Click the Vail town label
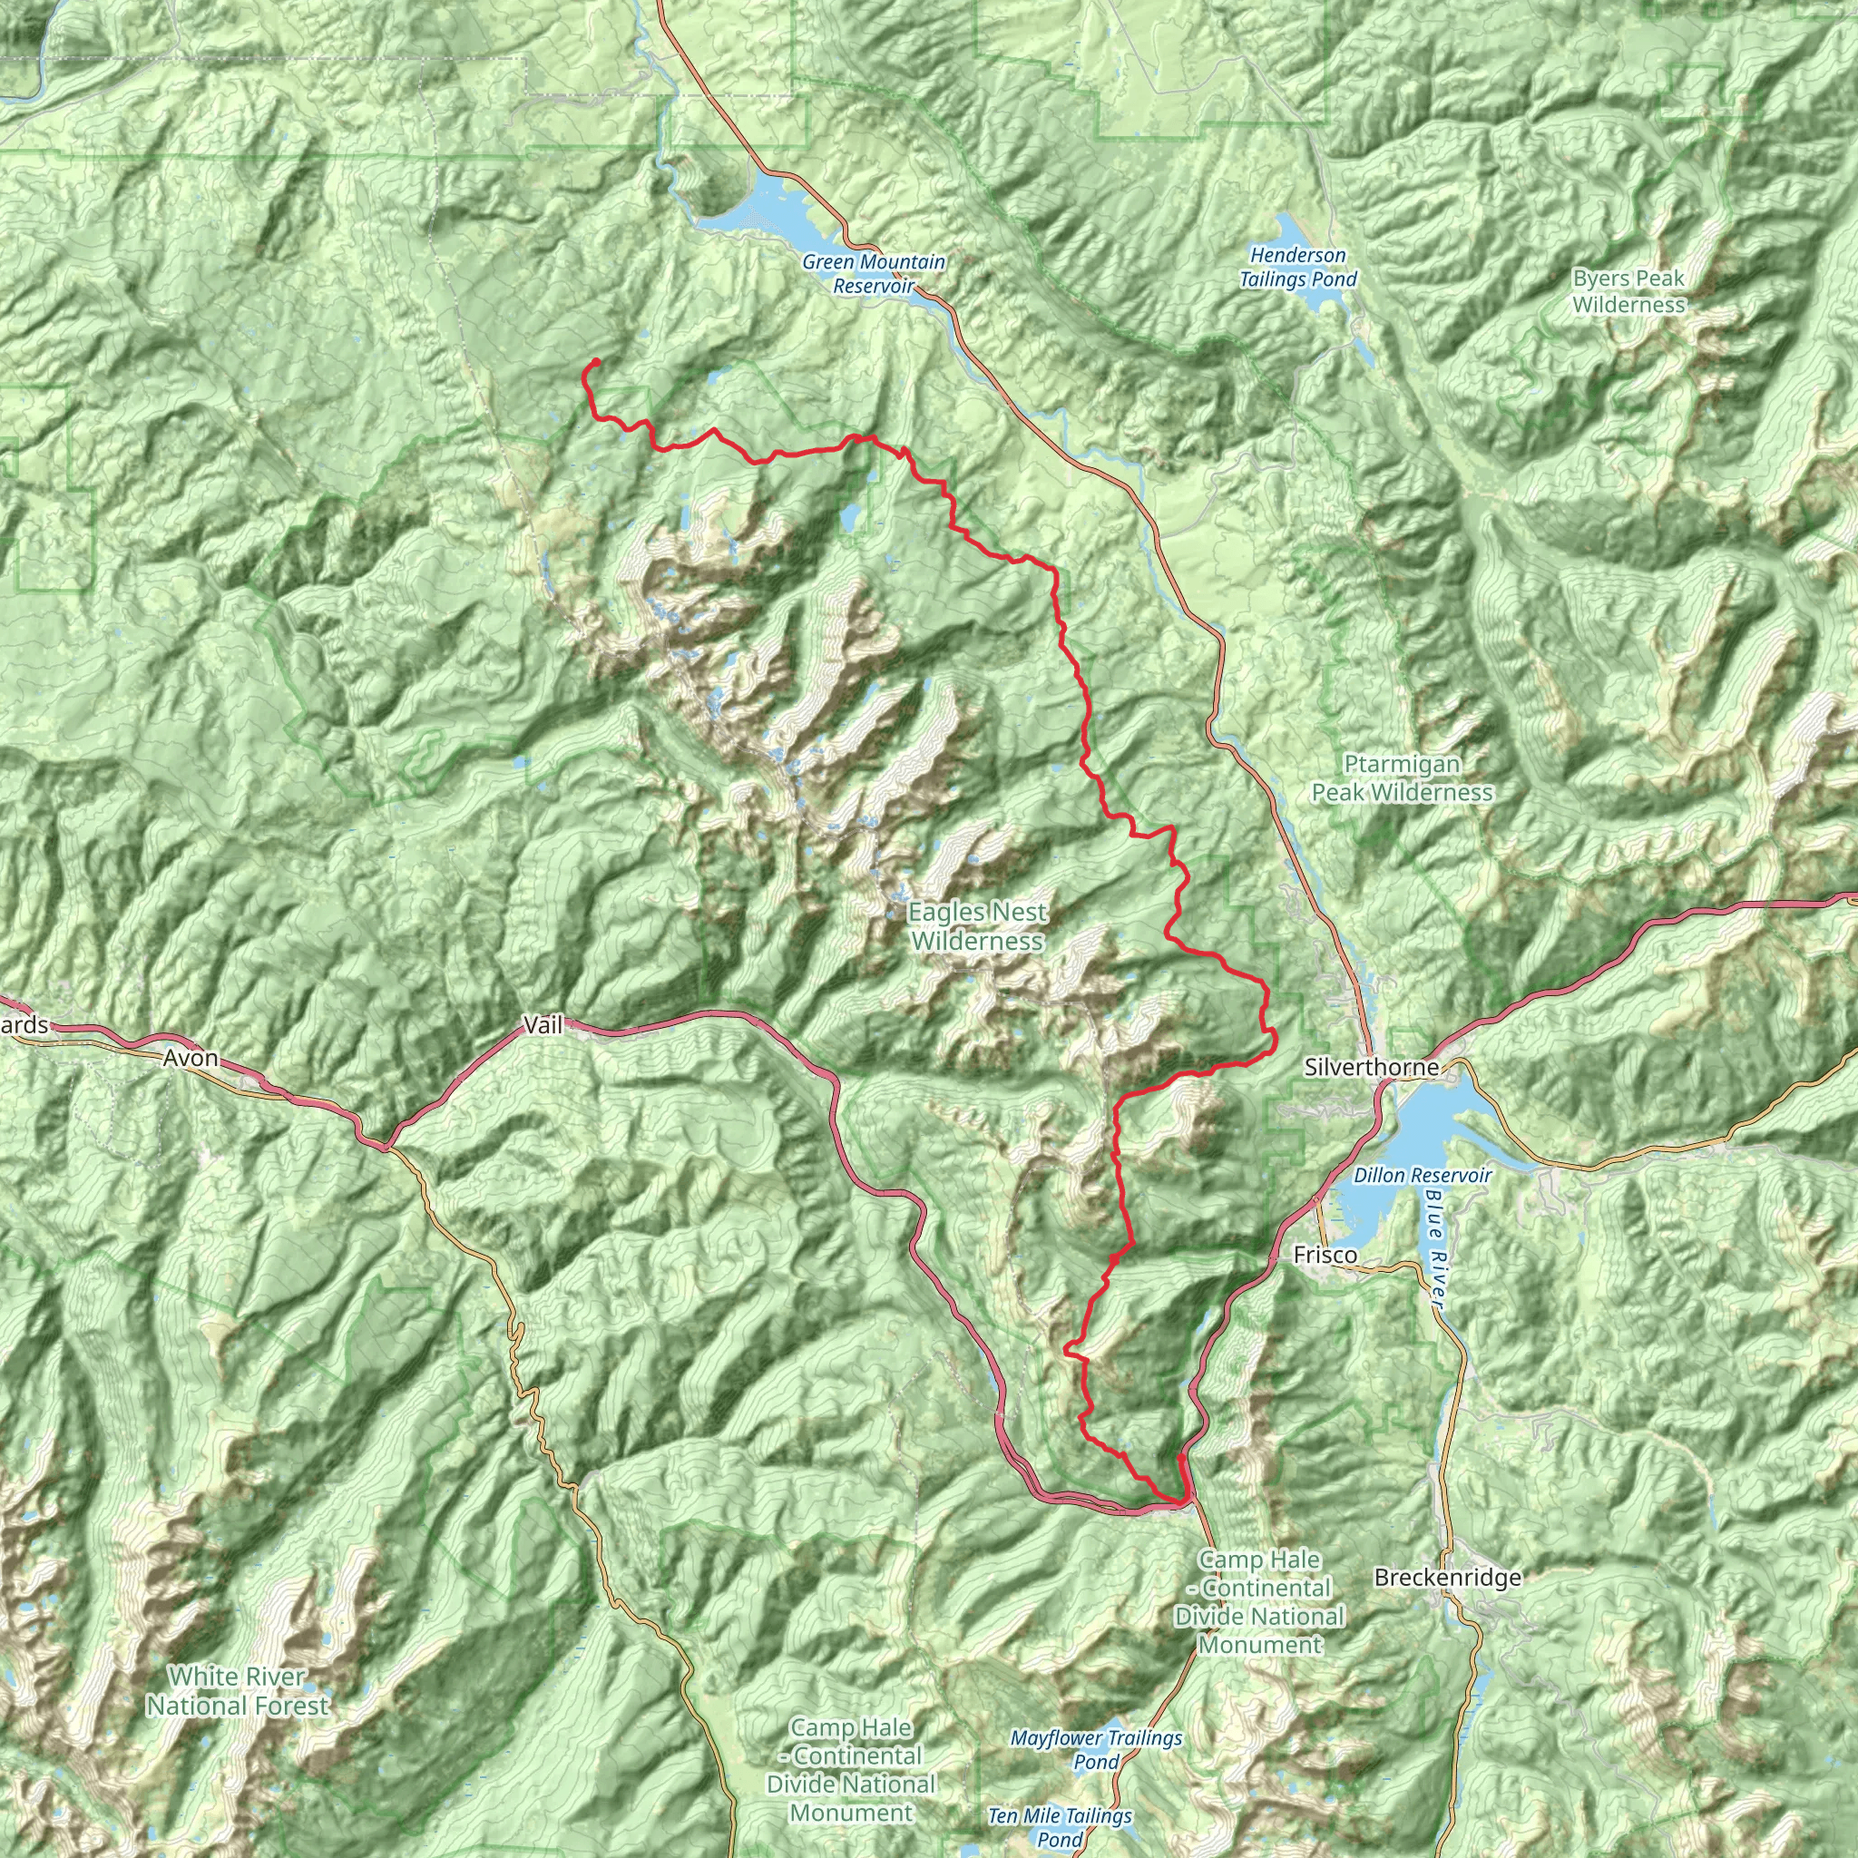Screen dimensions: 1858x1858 [x=543, y=1025]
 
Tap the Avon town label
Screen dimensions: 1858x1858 [x=191, y=1059]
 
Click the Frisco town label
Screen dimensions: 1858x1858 [x=1325, y=1254]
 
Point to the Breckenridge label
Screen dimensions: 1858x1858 [x=1447, y=1577]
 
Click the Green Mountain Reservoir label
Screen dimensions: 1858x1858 [x=874, y=274]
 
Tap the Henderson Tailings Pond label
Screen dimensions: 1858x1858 [x=1297, y=268]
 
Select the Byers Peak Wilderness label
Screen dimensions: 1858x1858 [x=1629, y=291]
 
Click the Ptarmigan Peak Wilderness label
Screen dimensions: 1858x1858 [x=1403, y=778]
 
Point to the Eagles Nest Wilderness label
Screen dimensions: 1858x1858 [x=977, y=926]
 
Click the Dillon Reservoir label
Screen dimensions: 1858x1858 [x=1423, y=1175]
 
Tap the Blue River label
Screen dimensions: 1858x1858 [x=1435, y=1250]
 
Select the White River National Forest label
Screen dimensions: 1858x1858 [x=238, y=1691]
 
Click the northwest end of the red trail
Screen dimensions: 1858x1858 [x=596, y=362]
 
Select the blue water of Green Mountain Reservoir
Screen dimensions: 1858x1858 [x=769, y=217]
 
